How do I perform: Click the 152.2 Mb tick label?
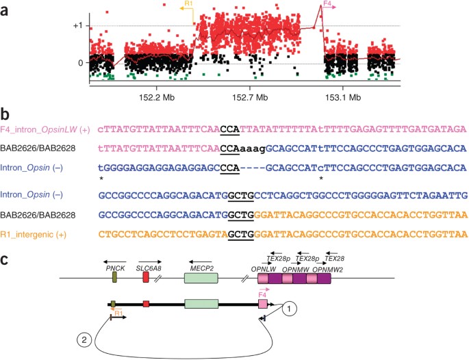coord(157,97)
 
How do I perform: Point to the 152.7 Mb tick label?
coord(249,97)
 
